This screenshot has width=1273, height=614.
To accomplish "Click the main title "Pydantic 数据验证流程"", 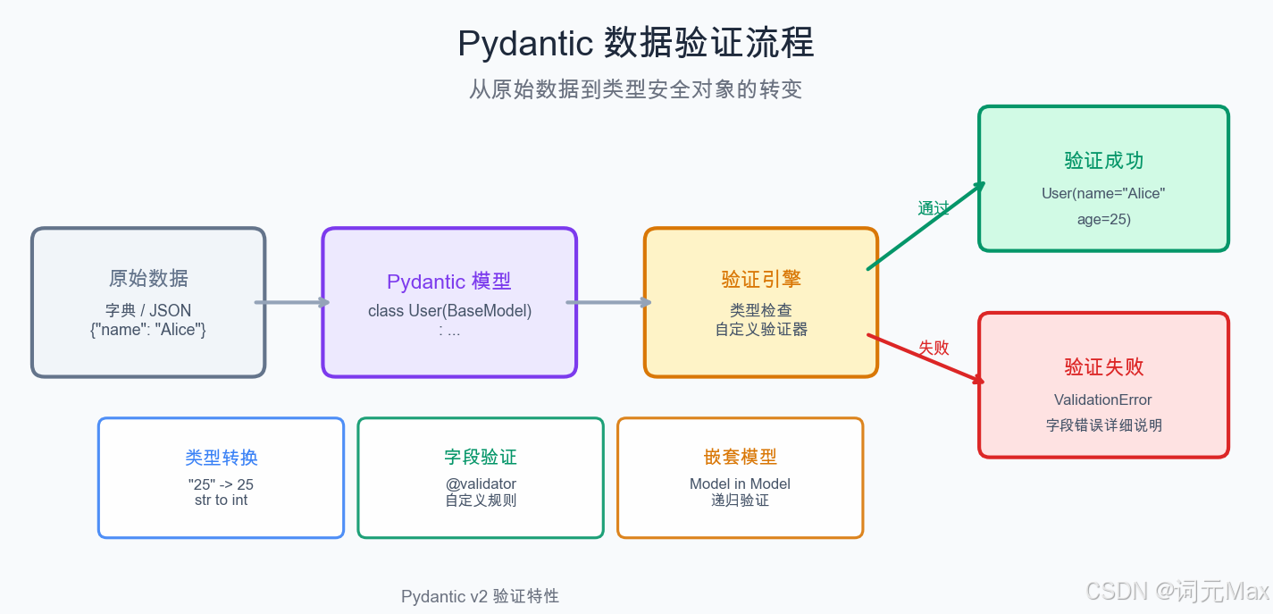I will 635,43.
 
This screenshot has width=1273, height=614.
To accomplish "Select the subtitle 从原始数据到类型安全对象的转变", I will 635,89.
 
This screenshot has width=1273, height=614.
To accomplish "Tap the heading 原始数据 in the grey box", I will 148,278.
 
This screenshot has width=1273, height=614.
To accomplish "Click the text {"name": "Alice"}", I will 148,329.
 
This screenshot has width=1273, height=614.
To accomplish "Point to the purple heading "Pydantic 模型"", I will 448,282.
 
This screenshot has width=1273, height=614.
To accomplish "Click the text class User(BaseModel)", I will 449,311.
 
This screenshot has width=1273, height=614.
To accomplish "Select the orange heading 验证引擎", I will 761,279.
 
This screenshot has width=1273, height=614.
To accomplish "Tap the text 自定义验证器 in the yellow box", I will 761,329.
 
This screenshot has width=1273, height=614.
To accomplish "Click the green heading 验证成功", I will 1103,161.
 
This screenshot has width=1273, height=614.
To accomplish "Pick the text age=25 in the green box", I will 1103,219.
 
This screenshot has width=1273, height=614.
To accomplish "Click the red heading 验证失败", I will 1103,367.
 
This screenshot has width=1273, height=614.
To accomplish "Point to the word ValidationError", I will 1103,400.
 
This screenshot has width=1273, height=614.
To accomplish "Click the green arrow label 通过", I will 934,208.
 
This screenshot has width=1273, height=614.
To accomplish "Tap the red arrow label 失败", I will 934,348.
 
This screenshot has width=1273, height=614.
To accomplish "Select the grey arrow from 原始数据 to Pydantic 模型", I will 293,302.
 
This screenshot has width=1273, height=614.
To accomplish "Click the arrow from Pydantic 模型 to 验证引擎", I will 609,302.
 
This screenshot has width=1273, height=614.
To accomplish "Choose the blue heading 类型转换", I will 221,458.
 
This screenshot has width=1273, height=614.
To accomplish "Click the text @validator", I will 481,484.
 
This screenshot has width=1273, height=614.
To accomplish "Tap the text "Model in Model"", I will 740,484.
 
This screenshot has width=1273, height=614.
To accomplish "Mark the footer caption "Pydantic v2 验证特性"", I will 480,596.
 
